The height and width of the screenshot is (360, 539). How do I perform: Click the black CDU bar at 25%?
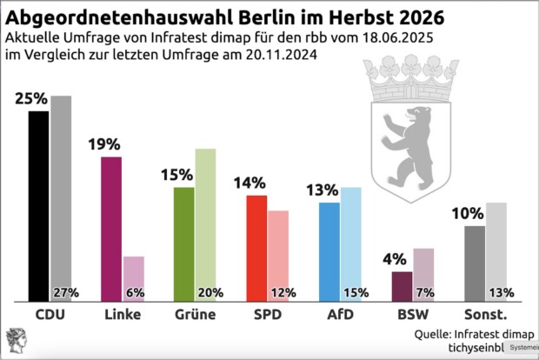tap(38, 205)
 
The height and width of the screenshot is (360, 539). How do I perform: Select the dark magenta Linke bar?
tap(111, 229)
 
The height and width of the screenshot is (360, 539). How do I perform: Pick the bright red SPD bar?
tap(256, 248)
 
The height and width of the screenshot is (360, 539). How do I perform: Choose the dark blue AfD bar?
tap(329, 251)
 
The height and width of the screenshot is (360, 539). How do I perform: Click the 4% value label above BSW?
tap(396, 259)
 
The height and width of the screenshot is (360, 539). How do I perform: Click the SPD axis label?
tap(267, 313)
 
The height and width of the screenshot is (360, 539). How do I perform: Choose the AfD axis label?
tap(340, 313)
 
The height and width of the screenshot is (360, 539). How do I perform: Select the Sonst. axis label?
tap(485, 313)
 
